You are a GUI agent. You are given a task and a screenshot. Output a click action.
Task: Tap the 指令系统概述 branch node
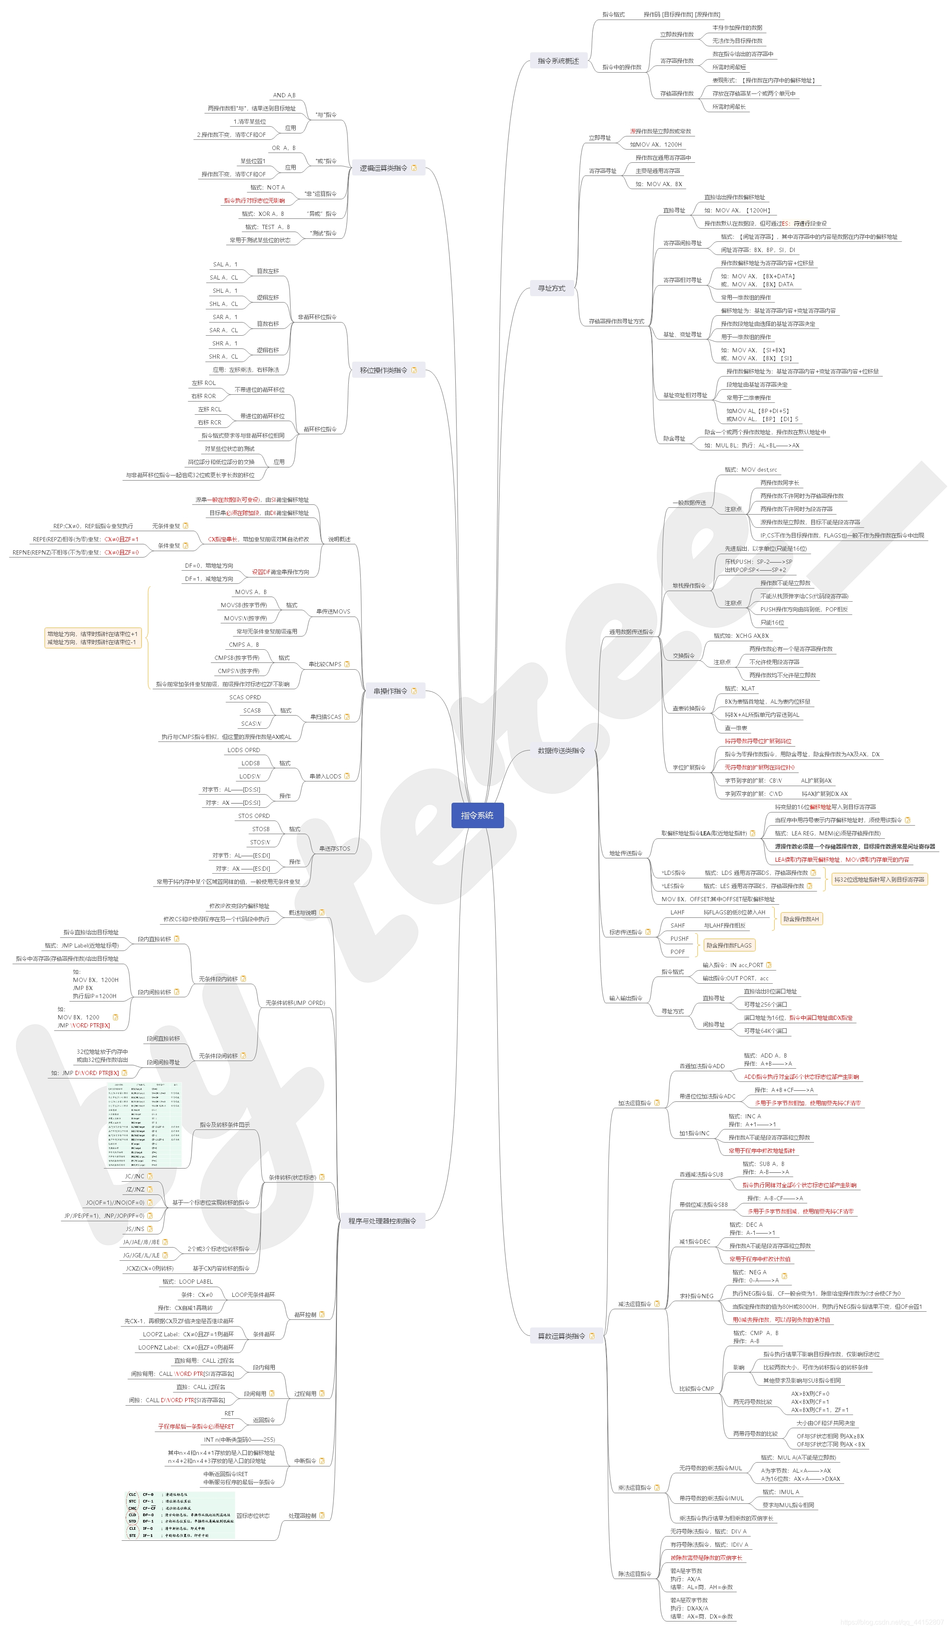(x=558, y=61)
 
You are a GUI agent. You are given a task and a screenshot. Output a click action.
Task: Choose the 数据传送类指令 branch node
(x=561, y=750)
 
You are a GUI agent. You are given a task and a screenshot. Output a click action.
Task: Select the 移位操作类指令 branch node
(x=384, y=371)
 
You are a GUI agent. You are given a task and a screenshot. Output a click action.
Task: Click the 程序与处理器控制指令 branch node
(x=382, y=1220)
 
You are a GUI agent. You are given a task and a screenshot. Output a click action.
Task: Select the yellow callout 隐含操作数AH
(x=801, y=919)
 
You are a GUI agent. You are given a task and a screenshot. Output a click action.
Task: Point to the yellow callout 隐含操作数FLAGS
(x=729, y=945)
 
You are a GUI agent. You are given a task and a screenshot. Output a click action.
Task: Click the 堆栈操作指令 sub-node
(x=688, y=586)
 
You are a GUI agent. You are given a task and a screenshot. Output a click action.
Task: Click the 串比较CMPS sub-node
(x=324, y=664)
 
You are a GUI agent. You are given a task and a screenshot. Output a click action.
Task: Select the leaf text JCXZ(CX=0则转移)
(x=150, y=1268)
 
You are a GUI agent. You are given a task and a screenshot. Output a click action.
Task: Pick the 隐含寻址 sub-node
(x=674, y=439)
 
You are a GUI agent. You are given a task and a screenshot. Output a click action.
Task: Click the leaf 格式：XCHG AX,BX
(x=741, y=636)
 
